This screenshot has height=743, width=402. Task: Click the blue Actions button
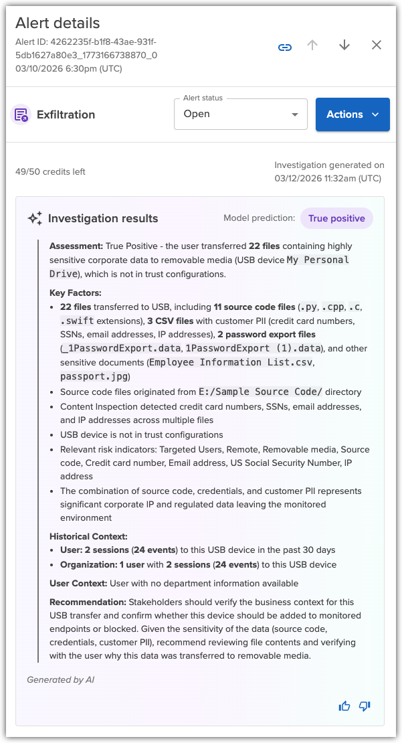point(352,114)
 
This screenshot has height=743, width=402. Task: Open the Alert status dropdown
point(240,114)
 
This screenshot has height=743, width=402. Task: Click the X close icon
point(377,46)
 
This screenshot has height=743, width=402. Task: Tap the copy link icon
point(285,47)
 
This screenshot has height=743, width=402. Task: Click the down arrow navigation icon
point(344,46)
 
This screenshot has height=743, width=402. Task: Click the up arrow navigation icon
point(312,46)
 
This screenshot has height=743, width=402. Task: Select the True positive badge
point(336,218)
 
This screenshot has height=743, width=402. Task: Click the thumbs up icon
point(344,706)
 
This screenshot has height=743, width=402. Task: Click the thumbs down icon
point(365,706)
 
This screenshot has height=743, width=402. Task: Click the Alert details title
point(58,23)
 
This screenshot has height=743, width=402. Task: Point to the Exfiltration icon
point(21,114)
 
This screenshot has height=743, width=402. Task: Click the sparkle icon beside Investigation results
point(35,218)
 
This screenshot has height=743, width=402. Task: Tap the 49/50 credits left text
point(50,171)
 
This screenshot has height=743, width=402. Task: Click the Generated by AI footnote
point(60,679)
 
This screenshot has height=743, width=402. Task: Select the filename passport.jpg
point(95,377)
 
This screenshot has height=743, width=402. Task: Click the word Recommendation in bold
point(88,602)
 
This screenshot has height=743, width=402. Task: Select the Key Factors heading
point(75,293)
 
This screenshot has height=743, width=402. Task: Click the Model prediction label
point(259,218)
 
